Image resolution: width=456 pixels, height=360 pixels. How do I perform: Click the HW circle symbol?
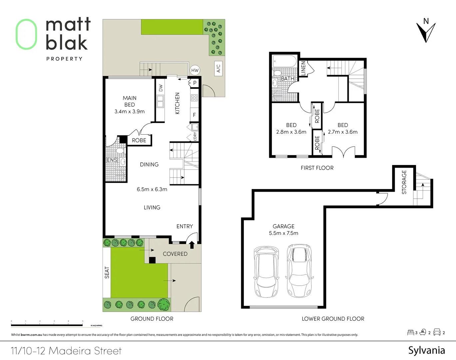195,70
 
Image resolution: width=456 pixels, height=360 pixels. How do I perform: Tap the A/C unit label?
218,68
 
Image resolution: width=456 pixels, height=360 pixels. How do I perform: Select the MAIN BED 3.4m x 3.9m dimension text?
130,112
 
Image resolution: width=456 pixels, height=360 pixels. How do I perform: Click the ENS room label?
112,160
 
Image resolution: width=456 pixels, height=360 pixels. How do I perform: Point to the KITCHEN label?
177,103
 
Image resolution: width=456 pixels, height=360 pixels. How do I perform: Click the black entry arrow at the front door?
192,245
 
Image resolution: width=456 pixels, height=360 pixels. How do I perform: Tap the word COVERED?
175,254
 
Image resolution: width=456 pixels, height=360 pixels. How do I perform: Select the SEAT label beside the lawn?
107,272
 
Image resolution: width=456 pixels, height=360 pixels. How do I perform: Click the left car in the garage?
266,272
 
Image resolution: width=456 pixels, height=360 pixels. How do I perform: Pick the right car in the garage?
299,271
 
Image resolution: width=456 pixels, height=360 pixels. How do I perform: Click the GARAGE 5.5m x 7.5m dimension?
283,233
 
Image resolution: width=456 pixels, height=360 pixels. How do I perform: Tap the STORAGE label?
404,182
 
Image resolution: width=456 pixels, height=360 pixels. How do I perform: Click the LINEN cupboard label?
303,68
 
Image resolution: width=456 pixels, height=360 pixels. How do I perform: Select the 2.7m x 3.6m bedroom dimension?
342,132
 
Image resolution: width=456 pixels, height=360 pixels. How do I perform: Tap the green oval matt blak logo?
26,34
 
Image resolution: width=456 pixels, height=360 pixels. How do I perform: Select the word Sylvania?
426,350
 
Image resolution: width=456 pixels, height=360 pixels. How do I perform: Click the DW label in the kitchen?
161,88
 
